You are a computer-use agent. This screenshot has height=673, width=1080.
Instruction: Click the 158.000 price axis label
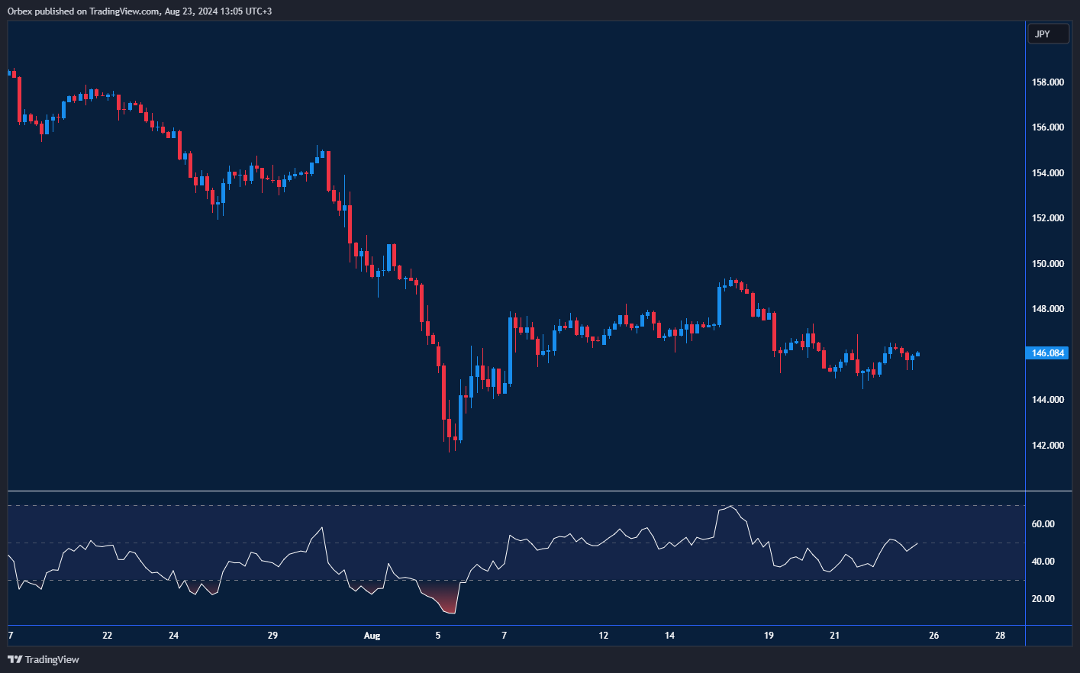point(1047,82)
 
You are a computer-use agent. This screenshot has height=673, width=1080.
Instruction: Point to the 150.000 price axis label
point(1047,264)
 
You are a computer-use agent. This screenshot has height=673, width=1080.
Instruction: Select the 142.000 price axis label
point(1047,446)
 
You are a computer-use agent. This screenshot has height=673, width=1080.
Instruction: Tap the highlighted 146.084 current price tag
point(1047,353)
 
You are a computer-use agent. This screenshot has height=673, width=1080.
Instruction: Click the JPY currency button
point(1047,34)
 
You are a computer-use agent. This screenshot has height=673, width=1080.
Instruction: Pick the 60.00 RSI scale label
point(1043,524)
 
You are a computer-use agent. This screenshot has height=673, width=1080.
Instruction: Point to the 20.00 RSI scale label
point(1043,599)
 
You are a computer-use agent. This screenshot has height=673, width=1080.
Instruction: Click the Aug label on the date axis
point(372,636)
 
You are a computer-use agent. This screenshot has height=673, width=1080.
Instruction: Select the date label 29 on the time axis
point(272,636)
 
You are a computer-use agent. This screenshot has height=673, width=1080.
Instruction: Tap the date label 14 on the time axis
point(669,636)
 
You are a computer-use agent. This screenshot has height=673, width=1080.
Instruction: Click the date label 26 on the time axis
point(933,636)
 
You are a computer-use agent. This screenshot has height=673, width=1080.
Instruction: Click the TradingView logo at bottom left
point(44,659)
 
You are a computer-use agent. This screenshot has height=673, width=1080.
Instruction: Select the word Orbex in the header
point(20,11)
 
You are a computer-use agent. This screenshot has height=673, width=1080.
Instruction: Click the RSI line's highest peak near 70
point(731,506)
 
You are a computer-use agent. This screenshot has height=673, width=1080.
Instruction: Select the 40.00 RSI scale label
point(1043,562)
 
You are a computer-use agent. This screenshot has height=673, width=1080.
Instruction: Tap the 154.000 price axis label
point(1047,173)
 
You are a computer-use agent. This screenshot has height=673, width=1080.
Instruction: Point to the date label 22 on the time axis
point(107,636)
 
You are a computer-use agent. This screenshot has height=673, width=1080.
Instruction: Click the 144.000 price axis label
point(1047,400)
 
